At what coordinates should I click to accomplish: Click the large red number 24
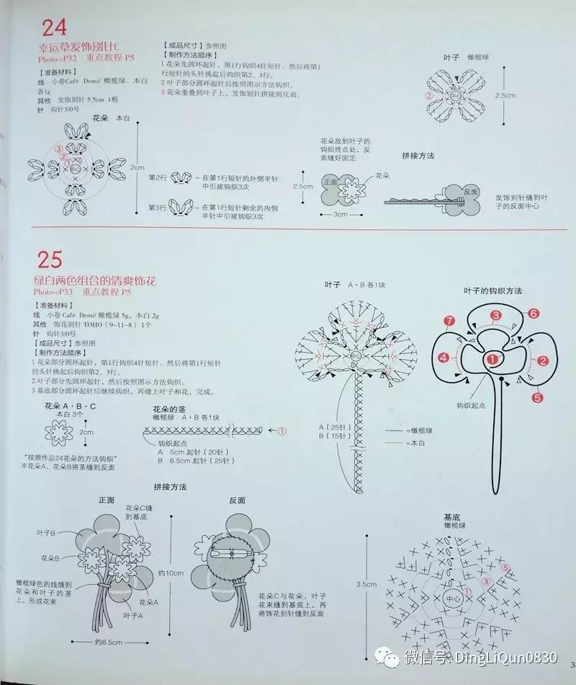[54, 27]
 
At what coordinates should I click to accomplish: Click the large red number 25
[50, 259]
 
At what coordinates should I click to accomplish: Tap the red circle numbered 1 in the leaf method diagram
[492, 358]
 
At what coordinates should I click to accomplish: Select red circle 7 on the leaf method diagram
[449, 321]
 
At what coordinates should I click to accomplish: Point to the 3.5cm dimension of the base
[366, 585]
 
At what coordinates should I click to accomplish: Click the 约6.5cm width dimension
[107, 641]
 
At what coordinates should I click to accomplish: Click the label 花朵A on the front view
[148, 602]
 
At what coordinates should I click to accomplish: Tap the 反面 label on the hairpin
[471, 192]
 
